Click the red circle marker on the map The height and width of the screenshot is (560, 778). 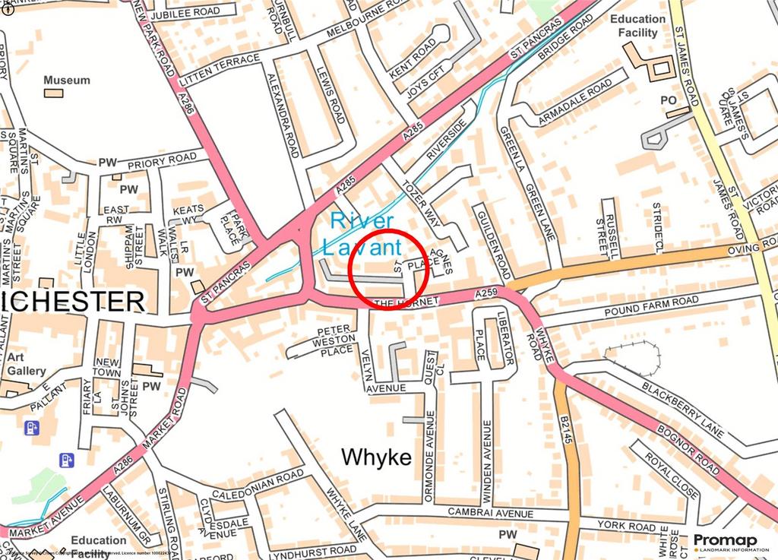pos(387,270)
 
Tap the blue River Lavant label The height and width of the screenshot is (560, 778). pos(362,233)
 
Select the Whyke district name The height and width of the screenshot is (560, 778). pos(376,457)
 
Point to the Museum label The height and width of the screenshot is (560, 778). pos(66,80)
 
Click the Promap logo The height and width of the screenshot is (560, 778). pos(725,543)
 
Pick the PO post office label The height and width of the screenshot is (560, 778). pos(668,100)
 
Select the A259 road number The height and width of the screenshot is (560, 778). pos(486,293)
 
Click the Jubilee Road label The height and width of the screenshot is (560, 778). pos(185,13)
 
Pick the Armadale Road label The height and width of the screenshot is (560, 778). pos(574,106)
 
